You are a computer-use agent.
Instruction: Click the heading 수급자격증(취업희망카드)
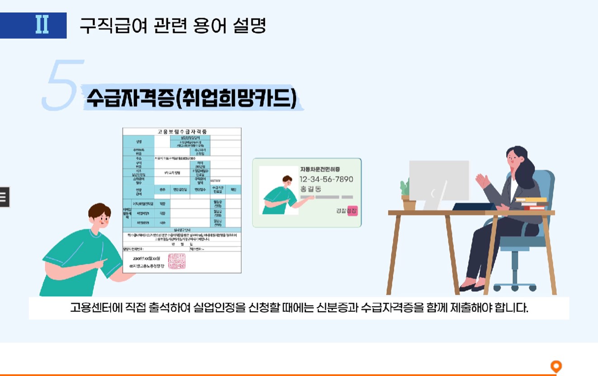[x=190, y=98]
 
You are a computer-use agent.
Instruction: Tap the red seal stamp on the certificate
[x=177, y=262]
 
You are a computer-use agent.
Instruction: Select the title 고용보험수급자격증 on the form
[x=182, y=132]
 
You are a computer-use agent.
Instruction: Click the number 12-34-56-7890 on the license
[x=326, y=179]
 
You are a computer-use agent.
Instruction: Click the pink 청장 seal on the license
[x=352, y=211]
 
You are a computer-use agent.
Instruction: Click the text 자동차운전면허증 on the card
[x=320, y=169]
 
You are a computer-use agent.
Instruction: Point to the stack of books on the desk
[x=532, y=203]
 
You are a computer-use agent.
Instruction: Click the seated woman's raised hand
[x=482, y=181]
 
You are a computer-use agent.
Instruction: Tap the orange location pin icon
[x=556, y=367]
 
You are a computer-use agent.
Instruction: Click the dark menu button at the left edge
[x=4, y=197]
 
